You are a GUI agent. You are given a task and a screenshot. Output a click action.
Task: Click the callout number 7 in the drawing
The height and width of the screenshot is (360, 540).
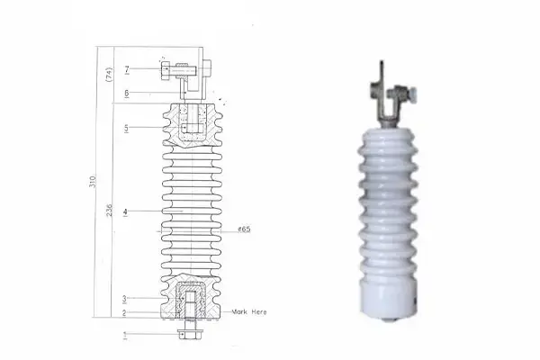127,68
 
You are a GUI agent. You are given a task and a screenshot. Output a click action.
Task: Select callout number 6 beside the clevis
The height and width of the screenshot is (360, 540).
127,93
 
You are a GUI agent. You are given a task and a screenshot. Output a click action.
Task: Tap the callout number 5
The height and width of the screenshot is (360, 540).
127,129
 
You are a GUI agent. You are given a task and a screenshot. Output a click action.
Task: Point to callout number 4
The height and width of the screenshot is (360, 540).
126,211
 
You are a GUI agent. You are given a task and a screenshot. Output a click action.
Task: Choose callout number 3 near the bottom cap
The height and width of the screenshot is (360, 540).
126,298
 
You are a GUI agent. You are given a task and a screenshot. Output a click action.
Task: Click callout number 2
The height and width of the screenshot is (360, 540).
126,313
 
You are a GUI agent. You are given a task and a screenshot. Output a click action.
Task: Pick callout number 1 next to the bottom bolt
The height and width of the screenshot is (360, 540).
126,335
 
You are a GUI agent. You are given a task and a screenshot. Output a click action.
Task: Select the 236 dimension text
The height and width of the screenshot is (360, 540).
110,211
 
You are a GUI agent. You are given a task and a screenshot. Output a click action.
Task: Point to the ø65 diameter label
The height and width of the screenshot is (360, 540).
243,229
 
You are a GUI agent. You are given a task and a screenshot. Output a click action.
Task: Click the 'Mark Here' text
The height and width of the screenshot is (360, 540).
250,310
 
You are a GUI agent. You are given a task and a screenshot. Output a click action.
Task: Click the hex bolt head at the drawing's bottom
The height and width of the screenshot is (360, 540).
189,335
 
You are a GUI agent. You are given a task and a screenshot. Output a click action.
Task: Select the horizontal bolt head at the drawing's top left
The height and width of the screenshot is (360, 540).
165,67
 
